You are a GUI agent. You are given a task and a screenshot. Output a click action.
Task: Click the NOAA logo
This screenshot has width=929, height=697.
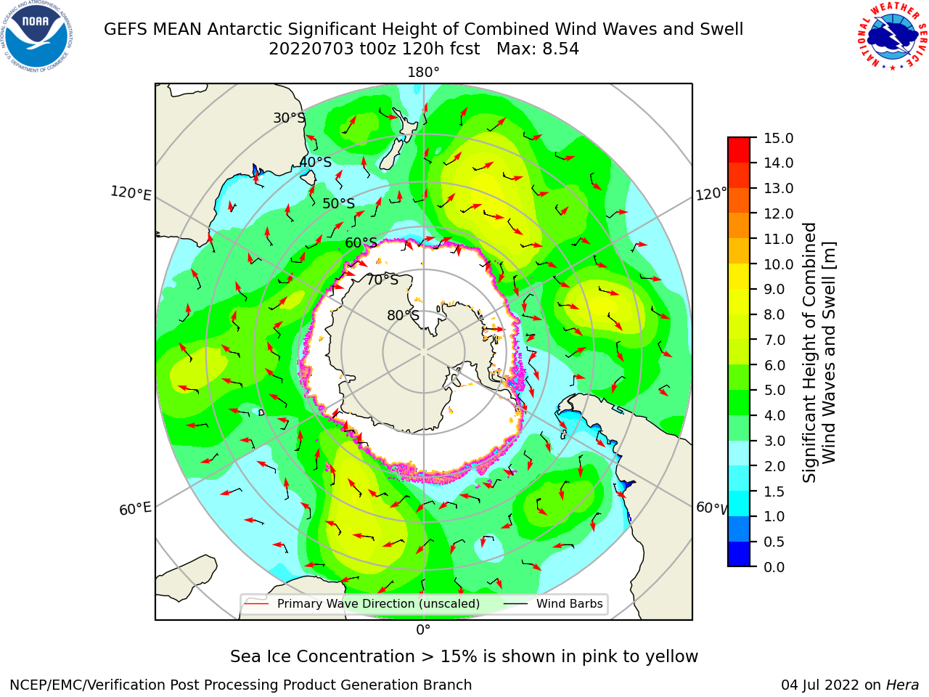(36, 36)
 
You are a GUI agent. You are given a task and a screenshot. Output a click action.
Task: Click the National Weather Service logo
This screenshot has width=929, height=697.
(892, 36)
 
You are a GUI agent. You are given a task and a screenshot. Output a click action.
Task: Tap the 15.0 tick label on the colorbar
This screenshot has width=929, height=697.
(778, 138)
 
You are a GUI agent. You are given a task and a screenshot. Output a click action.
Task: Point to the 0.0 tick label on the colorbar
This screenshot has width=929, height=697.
(774, 567)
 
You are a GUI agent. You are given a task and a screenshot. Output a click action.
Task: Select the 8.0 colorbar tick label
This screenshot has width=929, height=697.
(774, 314)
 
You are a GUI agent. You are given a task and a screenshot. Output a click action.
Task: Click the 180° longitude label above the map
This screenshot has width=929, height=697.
(423, 73)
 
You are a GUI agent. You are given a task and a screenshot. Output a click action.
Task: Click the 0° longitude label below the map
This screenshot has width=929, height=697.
(423, 629)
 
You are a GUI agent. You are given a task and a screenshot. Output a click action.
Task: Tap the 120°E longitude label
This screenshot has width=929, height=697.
(131, 193)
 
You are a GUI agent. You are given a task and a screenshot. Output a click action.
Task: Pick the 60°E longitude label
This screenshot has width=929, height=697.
(135, 509)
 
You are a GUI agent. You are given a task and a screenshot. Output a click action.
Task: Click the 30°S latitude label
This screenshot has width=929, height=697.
(290, 118)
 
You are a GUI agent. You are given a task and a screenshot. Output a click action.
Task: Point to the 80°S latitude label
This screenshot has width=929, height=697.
(404, 315)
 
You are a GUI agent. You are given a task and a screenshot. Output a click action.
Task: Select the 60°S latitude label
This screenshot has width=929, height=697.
(361, 242)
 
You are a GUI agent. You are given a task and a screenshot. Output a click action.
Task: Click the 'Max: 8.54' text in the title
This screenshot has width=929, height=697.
(538, 49)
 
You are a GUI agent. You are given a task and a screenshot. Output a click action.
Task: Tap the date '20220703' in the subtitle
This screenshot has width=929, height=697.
(311, 49)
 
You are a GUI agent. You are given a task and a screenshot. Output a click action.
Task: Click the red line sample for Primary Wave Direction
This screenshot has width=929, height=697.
(256, 603)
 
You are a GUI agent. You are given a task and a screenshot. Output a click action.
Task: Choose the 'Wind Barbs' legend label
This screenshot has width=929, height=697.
(569, 603)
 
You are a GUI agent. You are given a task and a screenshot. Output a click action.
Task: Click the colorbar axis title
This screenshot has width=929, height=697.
(819, 352)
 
